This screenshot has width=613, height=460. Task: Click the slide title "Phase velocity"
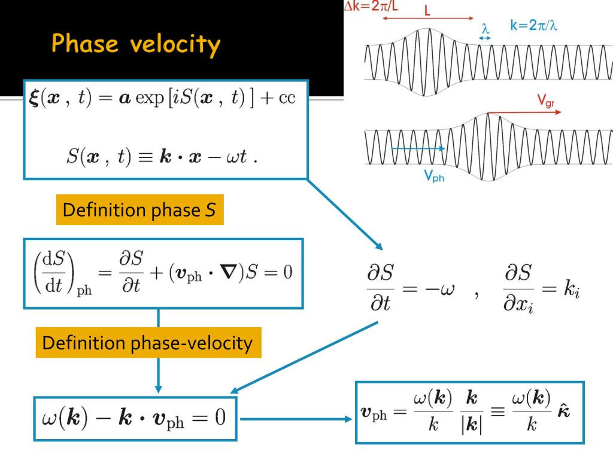point(136,44)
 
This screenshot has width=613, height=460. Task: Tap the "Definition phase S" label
point(139,210)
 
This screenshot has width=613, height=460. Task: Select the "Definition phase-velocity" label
point(148,343)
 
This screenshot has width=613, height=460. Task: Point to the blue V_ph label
point(435,177)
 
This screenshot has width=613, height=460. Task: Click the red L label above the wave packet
point(427,11)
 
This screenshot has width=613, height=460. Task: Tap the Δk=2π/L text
point(369,6)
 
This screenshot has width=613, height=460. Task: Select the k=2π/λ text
point(533,26)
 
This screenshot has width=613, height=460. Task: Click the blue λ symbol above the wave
point(485,29)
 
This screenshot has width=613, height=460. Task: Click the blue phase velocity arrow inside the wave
point(418,148)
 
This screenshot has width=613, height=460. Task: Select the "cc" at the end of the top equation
point(287,98)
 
